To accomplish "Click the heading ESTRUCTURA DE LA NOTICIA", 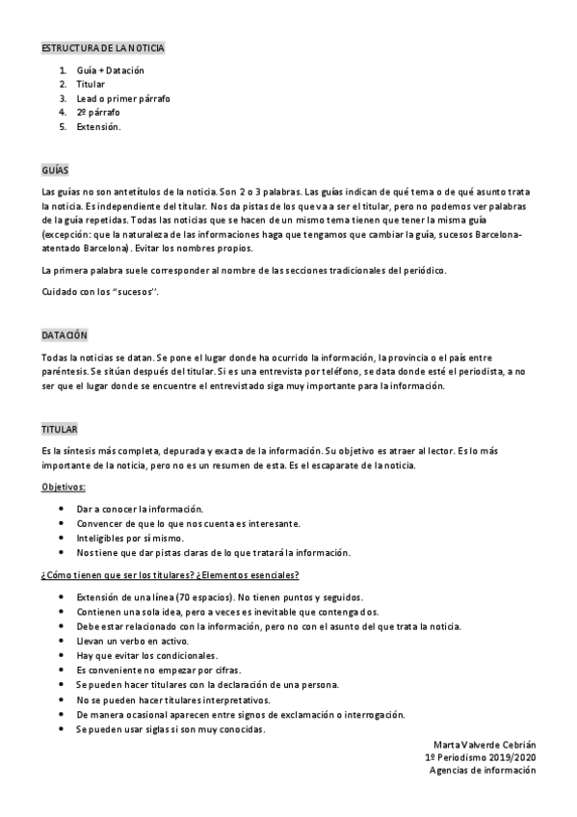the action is pyautogui.click(x=103, y=47).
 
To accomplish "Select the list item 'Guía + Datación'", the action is pyautogui.click(x=110, y=71).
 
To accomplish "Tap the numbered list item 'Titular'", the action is pyautogui.click(x=91, y=85).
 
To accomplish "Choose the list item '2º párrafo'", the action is pyautogui.click(x=98, y=112).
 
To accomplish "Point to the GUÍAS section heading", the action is pyautogui.click(x=56, y=168).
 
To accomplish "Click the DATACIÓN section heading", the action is pyautogui.click(x=64, y=333).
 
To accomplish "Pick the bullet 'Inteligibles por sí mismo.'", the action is pyautogui.click(x=130, y=538).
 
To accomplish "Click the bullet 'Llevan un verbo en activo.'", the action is pyautogui.click(x=132, y=641).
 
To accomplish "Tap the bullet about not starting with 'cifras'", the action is pyautogui.click(x=145, y=670).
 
